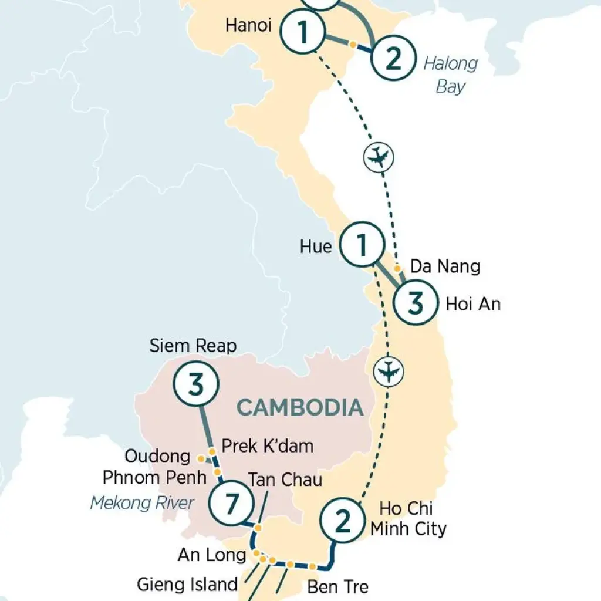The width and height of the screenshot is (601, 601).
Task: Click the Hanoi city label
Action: pyautogui.click(x=248, y=26)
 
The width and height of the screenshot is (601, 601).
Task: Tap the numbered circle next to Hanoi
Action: pyautogui.click(x=303, y=32)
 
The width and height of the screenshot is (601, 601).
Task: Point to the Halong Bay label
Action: pyautogui.click(x=451, y=75)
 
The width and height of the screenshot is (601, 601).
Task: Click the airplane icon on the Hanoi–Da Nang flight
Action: pyautogui.click(x=379, y=157)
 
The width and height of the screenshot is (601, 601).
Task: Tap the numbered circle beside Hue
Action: pyautogui.click(x=362, y=247)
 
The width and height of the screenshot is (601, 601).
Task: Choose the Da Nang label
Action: pyautogui.click(x=445, y=266)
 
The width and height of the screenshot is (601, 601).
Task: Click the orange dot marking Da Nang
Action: pyautogui.click(x=397, y=268)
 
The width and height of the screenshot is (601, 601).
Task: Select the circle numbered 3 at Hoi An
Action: pyautogui.click(x=415, y=303)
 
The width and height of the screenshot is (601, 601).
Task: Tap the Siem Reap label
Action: pyautogui.click(x=193, y=346)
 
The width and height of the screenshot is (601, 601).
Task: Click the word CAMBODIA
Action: pyautogui.click(x=299, y=407)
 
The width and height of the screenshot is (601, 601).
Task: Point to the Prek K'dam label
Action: pyautogui.click(x=267, y=445)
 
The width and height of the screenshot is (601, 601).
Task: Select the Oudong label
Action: pyautogui.click(x=157, y=456)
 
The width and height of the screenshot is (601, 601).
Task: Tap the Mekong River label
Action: pyautogui.click(x=142, y=503)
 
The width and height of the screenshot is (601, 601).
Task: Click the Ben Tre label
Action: pyautogui.click(x=337, y=586)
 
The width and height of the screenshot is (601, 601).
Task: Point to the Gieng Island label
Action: pyautogui.click(x=187, y=584)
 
